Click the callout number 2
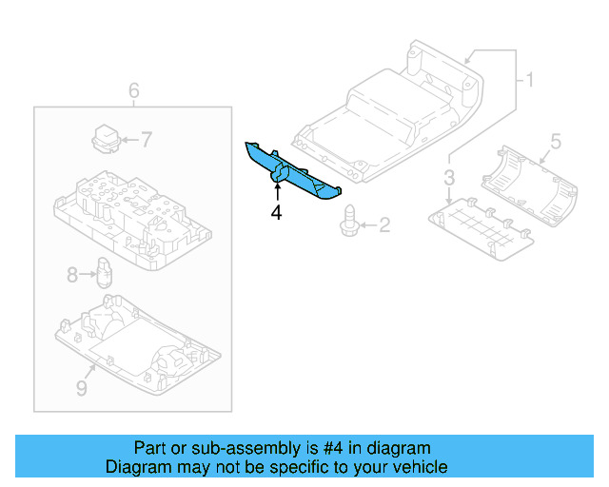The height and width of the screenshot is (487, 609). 384,225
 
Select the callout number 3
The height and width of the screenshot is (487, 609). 449,178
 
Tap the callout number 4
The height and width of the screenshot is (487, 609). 276,213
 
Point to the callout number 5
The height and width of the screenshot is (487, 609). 556,140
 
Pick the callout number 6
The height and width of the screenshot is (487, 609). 133,91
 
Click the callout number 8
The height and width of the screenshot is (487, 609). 72,276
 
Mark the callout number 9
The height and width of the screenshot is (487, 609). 81,388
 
